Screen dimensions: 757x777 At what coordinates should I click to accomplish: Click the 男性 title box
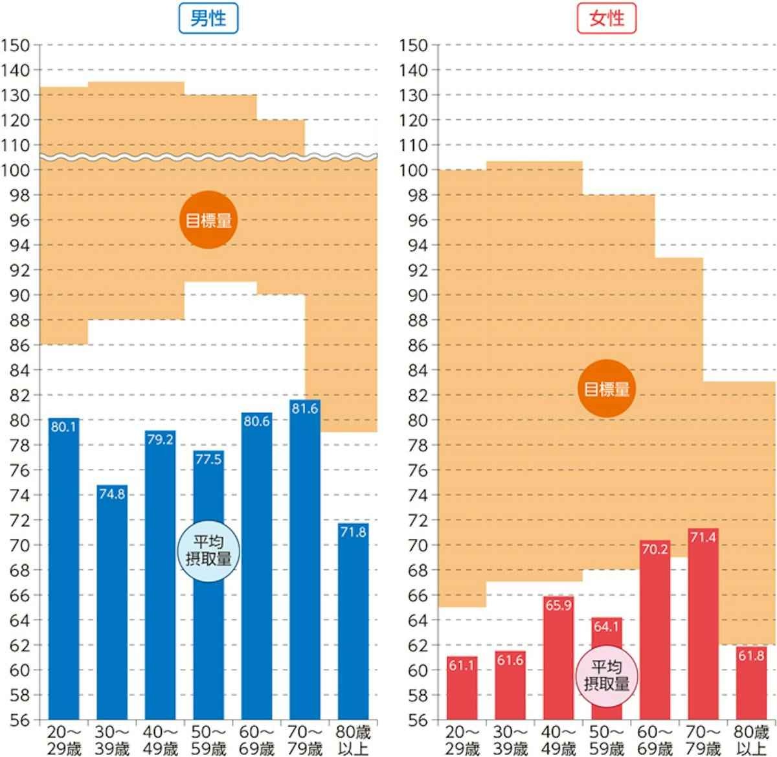click(208, 17)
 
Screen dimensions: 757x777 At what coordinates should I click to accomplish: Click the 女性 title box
click(607, 17)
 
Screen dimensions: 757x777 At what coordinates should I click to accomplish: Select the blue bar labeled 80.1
click(63, 570)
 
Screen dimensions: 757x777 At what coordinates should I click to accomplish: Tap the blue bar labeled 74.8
click(112, 602)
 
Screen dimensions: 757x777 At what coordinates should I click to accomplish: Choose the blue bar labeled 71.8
click(353, 622)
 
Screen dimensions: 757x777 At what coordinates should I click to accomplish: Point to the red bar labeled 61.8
click(751, 683)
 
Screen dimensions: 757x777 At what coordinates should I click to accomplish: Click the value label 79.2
click(160, 440)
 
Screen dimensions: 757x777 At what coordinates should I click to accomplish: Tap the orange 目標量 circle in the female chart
click(607, 389)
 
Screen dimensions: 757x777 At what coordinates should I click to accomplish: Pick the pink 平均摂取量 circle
click(607, 675)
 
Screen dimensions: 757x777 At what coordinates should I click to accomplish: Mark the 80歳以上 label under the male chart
click(353, 741)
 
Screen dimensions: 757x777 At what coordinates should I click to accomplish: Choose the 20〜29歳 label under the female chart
click(462, 741)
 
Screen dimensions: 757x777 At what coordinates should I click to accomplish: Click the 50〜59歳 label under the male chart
click(208, 741)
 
